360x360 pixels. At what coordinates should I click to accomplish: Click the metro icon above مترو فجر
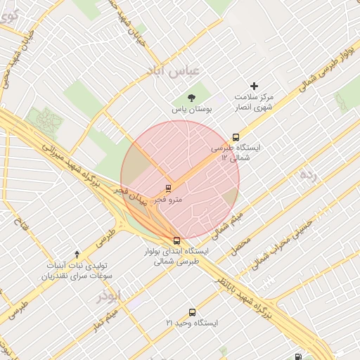click(x=167, y=188)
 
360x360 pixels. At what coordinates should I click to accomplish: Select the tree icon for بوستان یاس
click(x=191, y=98)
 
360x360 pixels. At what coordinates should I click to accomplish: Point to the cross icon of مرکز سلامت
click(x=254, y=86)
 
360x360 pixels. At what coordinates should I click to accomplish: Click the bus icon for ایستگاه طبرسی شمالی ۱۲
click(x=235, y=137)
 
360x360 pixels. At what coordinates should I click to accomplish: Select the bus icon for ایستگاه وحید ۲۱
click(x=191, y=311)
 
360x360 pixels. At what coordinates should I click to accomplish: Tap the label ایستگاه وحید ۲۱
click(x=192, y=323)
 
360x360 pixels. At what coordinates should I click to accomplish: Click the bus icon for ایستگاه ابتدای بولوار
click(x=176, y=239)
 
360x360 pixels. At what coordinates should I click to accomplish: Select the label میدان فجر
click(x=131, y=195)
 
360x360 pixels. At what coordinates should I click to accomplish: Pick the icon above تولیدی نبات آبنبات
click(x=77, y=253)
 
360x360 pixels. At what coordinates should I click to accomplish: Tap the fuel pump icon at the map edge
click(x=300, y=356)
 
